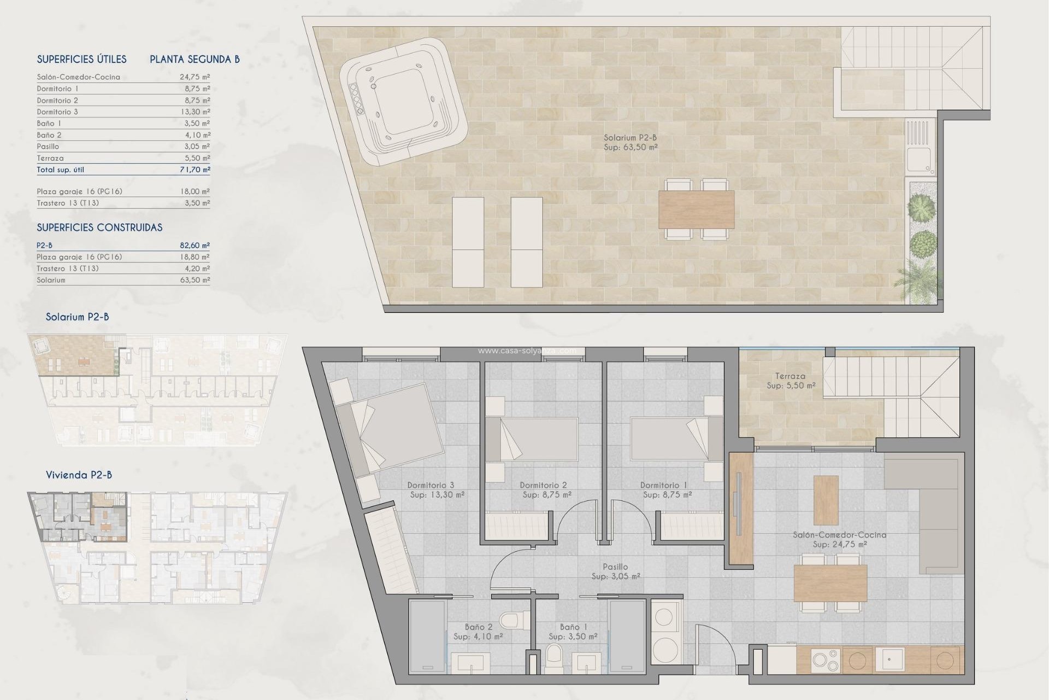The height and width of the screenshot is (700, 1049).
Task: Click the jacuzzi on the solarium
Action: [403, 103]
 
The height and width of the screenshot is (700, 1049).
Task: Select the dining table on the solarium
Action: [696, 209]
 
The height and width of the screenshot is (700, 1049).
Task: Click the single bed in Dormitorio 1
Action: [669, 439]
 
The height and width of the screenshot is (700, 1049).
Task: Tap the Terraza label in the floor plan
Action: [789, 376]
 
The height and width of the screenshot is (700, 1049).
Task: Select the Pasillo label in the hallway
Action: [615, 567]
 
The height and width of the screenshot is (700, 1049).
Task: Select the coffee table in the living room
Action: [826, 500]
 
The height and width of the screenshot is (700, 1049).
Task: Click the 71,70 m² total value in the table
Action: [195, 170]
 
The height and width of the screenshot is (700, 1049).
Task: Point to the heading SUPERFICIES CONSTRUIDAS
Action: [99, 227]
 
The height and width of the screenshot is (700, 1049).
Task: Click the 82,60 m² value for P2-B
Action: [195, 246]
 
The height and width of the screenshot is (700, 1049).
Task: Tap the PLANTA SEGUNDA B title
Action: [195, 59]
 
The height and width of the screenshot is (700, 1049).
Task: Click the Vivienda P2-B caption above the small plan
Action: [79, 475]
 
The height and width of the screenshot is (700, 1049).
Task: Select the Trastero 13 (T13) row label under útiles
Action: [68, 203]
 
